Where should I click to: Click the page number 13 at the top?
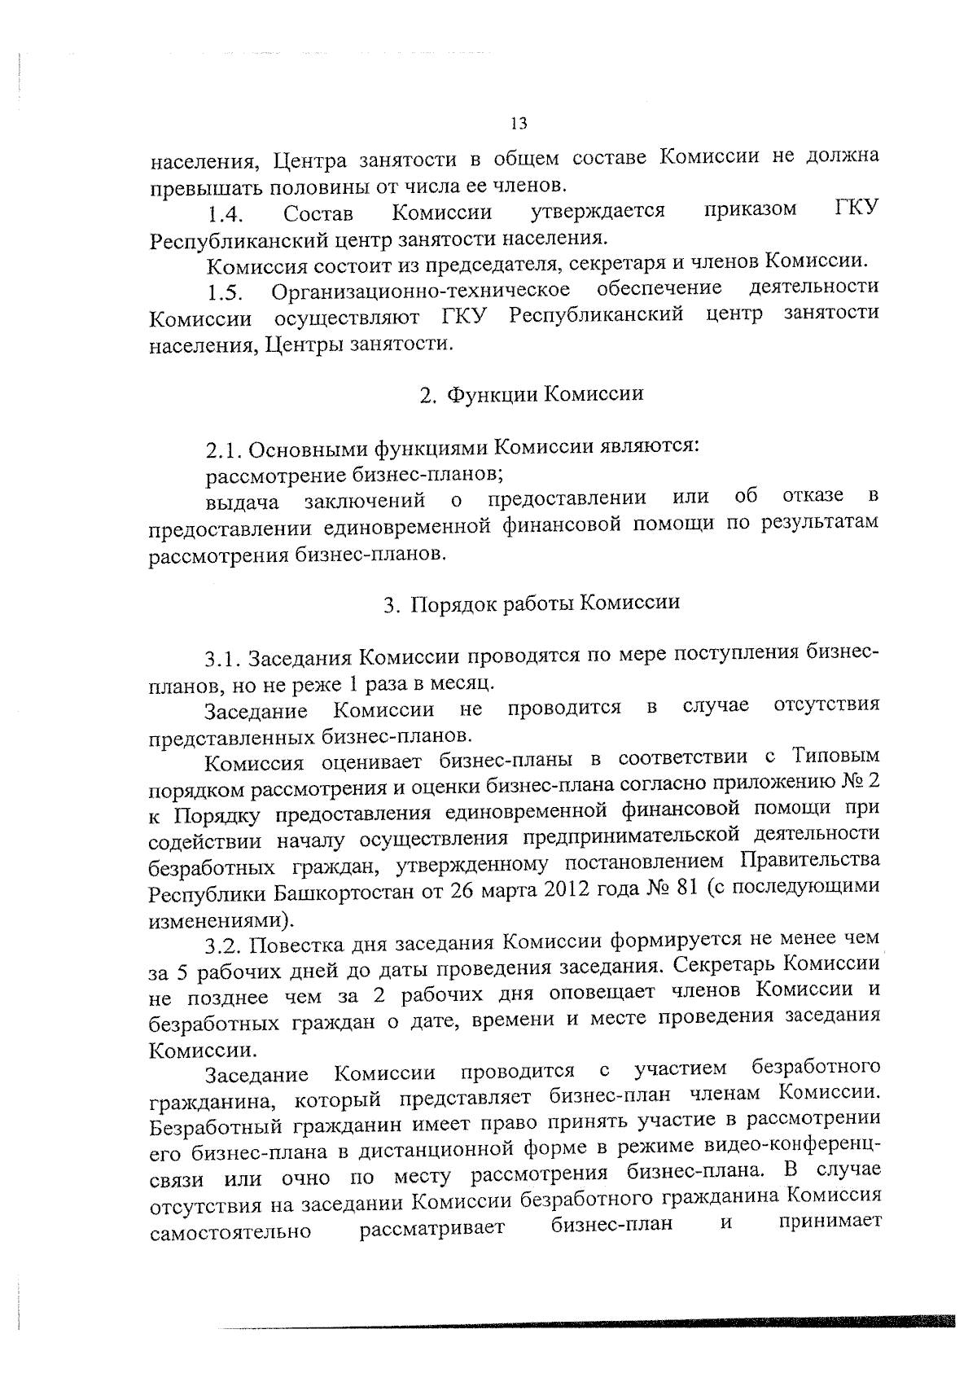point(519,123)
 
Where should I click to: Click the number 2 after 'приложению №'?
point(874,783)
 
